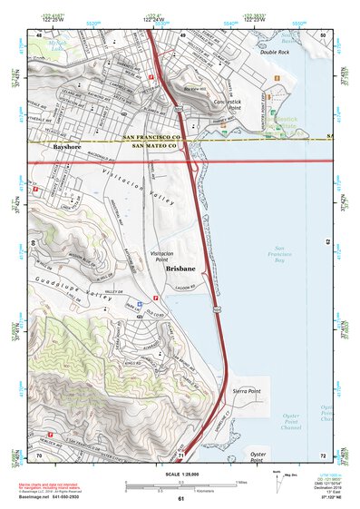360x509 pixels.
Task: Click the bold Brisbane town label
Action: (182, 269)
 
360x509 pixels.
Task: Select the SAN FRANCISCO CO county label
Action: (153, 137)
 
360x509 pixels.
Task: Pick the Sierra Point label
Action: (247, 388)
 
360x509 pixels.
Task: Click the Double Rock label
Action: (273, 53)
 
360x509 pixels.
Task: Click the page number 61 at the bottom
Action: (181, 499)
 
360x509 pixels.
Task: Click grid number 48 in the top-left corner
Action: (38, 34)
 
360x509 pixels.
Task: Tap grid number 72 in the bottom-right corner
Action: (323, 454)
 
